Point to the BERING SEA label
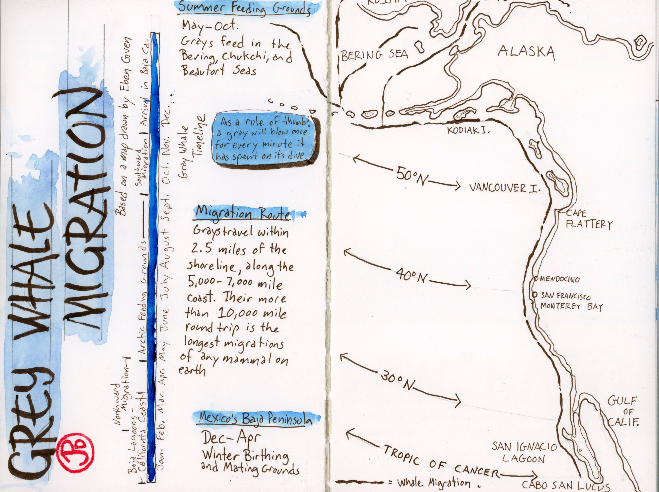pos(374,55)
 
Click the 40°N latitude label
pos(411,277)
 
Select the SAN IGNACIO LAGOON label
pos(524,452)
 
